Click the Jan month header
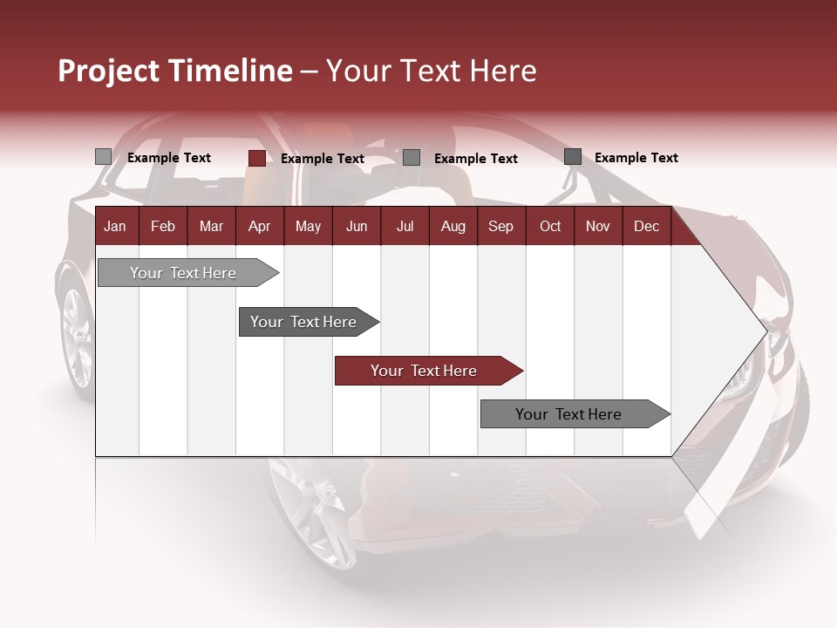(x=115, y=227)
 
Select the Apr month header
(x=259, y=227)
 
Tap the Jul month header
(x=405, y=227)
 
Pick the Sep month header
(x=500, y=227)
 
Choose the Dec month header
(x=646, y=227)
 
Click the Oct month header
(x=550, y=227)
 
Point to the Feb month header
(x=163, y=227)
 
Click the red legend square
(x=256, y=158)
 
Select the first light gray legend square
(x=103, y=157)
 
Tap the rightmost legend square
(x=572, y=157)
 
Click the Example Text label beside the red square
(x=322, y=159)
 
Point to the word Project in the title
(x=109, y=71)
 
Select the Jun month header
(x=356, y=227)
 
